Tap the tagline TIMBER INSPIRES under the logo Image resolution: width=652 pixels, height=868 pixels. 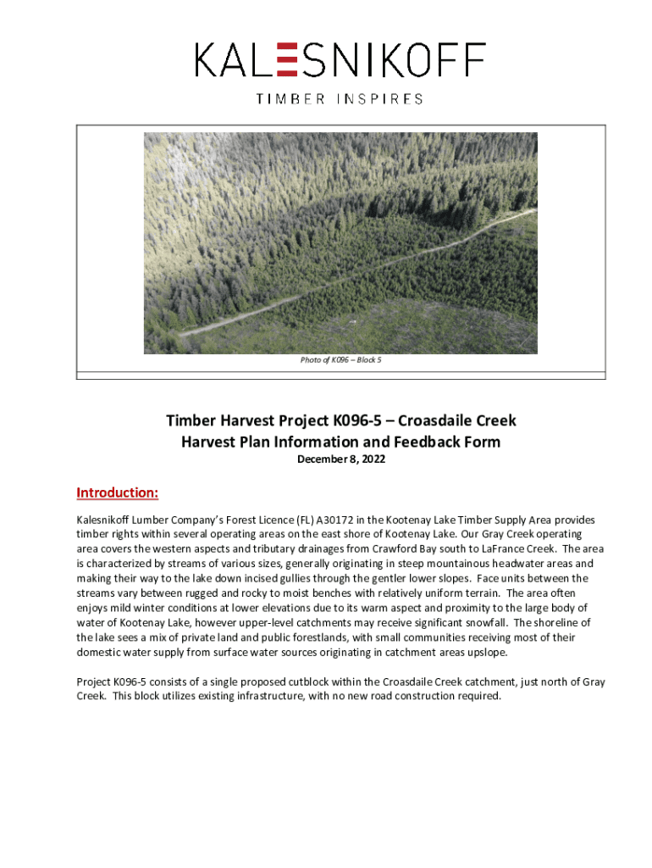click(x=340, y=99)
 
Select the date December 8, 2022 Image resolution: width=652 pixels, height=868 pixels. click(x=340, y=459)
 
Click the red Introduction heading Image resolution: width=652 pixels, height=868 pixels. click(x=117, y=493)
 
